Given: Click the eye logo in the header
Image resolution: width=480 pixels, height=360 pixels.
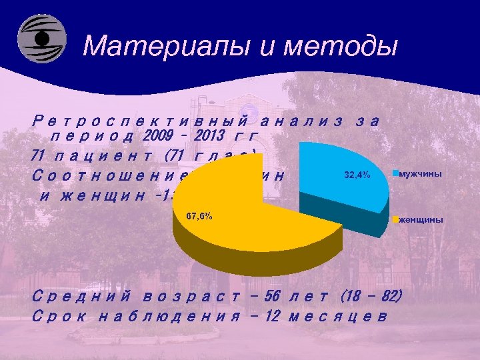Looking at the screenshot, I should point(41,39).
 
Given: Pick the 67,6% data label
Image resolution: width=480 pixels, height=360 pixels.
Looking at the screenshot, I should point(198,217).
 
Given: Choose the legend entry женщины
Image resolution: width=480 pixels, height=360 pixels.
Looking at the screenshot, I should point(421,219).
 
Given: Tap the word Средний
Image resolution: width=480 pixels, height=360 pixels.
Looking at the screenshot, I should point(81,295).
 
